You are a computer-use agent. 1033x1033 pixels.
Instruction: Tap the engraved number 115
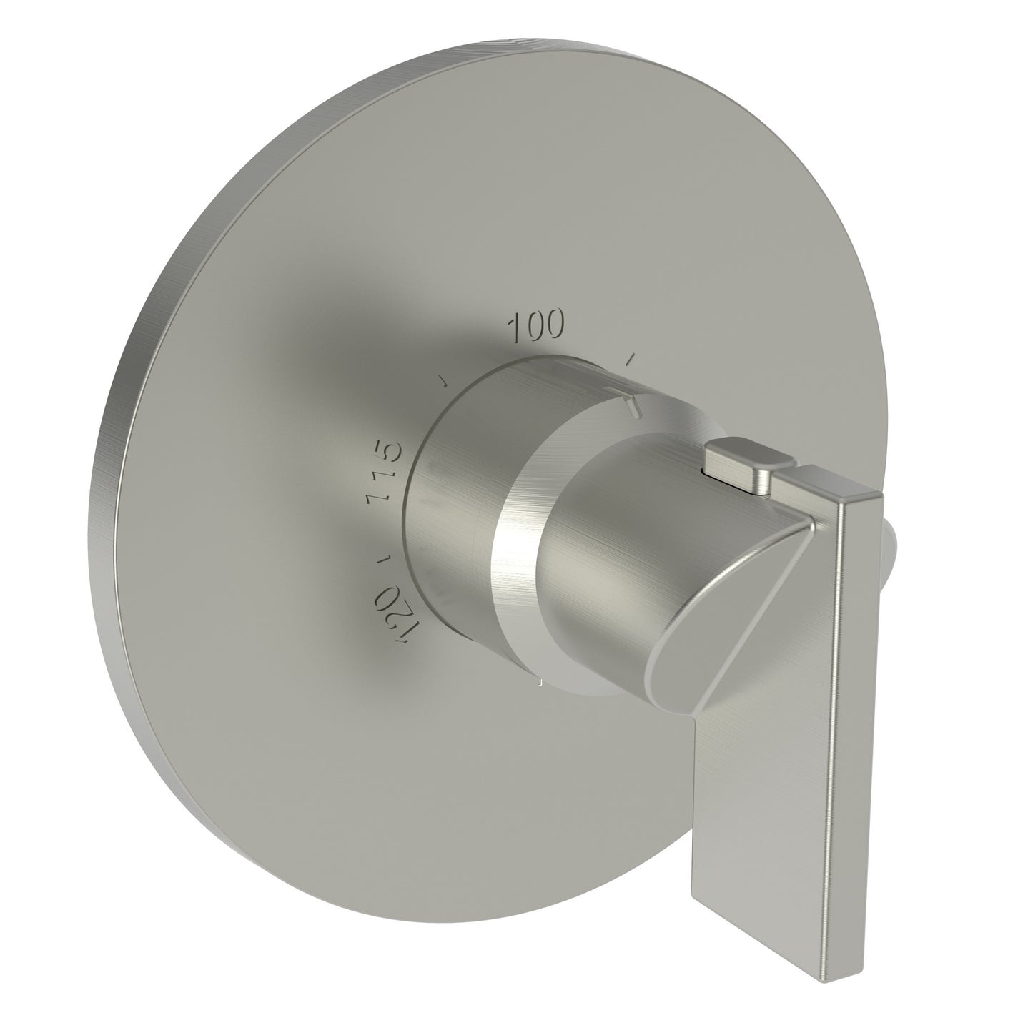pos(379,476)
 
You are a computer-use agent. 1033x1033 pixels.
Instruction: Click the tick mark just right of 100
pos(630,356)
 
